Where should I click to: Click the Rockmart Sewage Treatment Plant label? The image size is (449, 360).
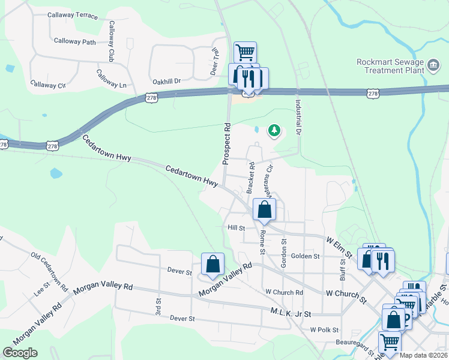click(390, 65)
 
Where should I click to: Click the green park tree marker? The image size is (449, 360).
click(274, 130)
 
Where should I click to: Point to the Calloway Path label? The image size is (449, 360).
click(74, 41)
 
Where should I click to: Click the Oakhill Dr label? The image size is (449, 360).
click(166, 80)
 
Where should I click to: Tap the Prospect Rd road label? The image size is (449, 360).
click(227, 144)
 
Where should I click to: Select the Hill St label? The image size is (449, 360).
click(237, 228)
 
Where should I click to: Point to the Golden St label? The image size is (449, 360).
click(305, 256)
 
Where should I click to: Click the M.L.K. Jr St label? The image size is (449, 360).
click(291, 313)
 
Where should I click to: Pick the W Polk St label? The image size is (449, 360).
click(324, 330)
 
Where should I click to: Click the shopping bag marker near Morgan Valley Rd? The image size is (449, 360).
click(212, 264)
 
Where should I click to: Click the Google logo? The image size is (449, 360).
click(20, 353)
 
